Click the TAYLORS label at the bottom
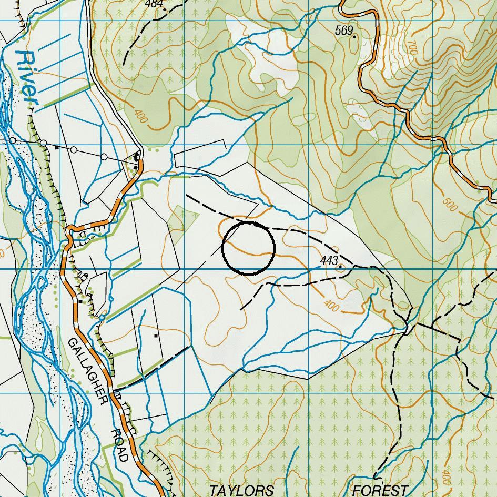[241, 491]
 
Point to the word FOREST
[380, 491]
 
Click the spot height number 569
[343, 31]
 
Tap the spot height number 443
[328, 261]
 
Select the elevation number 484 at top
[154, 4]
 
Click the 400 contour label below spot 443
[331, 305]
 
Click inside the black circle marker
[248, 248]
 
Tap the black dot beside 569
[355, 37]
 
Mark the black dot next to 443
[340, 267]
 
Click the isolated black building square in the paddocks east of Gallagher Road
[156, 335]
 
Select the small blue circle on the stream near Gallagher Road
[102, 318]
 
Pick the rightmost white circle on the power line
[104, 157]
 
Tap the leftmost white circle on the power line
[13, 140]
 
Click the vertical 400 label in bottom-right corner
[446, 476]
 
